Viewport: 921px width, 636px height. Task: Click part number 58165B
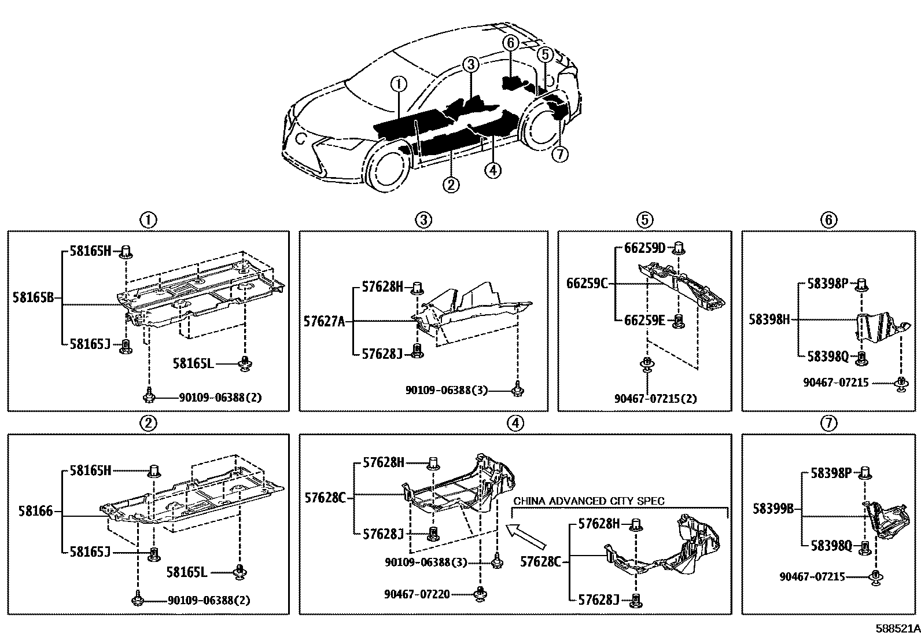pos(33,297)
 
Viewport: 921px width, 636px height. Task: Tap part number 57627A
pos(324,321)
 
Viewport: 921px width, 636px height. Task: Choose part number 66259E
pos(644,320)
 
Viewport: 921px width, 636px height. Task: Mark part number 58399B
pos(773,509)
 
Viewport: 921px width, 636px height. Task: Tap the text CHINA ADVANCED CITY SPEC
pos(589,501)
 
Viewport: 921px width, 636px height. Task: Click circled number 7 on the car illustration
pos(560,154)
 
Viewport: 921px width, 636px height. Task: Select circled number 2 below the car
pos(451,185)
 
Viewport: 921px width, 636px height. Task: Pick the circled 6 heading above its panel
pos(828,219)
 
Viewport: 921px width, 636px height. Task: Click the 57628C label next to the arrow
pos(540,560)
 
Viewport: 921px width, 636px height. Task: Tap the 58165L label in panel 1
pos(193,363)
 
